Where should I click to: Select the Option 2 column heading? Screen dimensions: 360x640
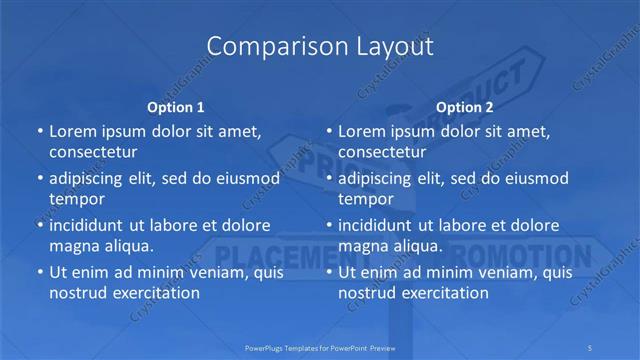(x=464, y=106)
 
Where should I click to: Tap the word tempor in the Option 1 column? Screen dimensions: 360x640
(x=77, y=199)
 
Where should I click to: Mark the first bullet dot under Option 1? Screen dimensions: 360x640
(x=39, y=131)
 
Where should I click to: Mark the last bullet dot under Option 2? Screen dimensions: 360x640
(x=328, y=272)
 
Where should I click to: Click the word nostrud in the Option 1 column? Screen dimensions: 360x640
(x=79, y=293)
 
